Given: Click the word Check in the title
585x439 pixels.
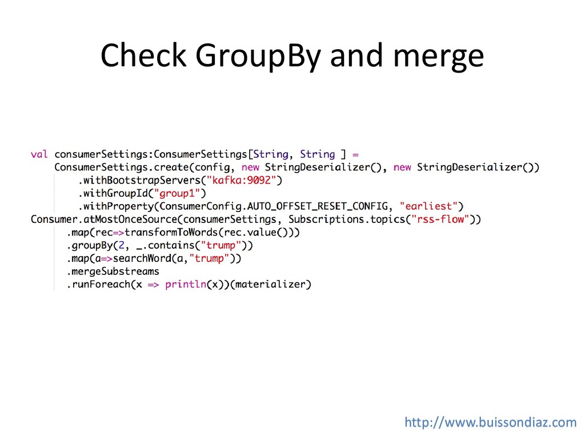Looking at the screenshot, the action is point(143,56).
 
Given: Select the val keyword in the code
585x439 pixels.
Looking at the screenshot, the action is point(39,154).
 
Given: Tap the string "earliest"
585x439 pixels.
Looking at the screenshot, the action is point(431,206).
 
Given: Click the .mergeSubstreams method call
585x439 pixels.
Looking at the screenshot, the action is point(114,272).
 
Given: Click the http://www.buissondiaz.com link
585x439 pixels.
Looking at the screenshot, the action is point(491,422).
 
